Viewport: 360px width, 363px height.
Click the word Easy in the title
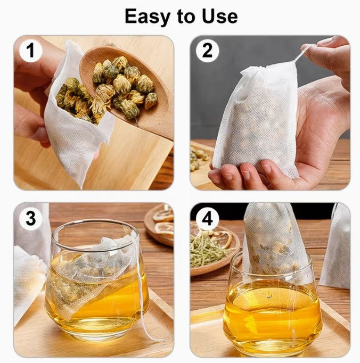click(146, 16)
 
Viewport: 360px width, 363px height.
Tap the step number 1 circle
click(30, 51)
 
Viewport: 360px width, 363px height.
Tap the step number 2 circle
click(207, 51)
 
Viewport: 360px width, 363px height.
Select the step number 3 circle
click(30, 219)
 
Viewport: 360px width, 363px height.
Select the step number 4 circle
click(207, 219)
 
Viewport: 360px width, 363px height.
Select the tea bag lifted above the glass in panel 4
click(274, 240)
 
